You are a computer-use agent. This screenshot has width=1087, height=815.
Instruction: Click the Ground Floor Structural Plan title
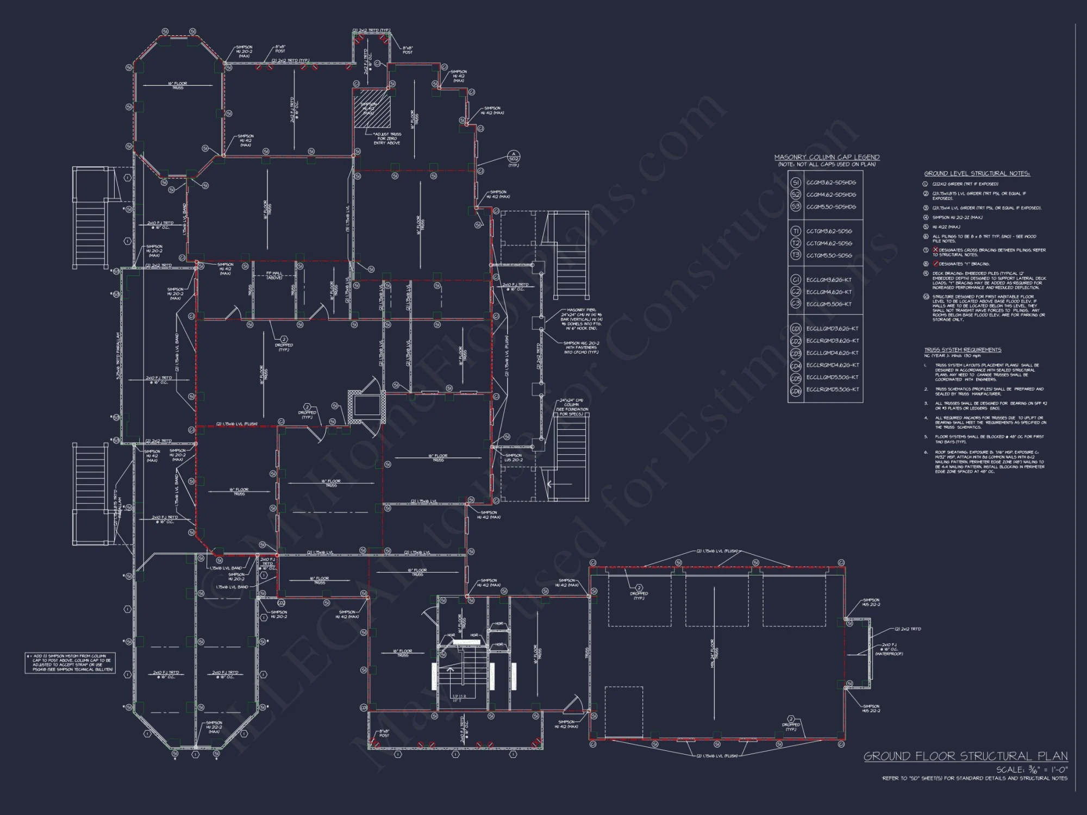pos(965,756)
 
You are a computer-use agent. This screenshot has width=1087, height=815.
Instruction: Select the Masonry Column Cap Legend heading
pos(827,158)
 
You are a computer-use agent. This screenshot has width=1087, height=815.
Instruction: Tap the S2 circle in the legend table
pos(796,195)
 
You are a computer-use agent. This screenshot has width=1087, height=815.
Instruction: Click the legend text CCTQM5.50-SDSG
pos(829,255)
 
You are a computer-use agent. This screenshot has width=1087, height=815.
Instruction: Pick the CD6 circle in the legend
pos(796,390)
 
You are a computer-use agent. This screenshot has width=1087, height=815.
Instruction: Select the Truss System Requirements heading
pos(963,350)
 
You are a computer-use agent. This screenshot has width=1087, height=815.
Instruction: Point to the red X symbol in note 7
pos(935,250)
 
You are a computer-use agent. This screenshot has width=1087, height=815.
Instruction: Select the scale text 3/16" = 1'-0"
pos(1032,770)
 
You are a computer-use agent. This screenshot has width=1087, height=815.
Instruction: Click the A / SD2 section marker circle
pos(513,158)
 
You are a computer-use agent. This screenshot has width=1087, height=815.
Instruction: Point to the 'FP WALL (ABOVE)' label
pos(274,275)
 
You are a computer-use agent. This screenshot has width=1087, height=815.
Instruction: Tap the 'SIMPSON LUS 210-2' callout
pos(514,457)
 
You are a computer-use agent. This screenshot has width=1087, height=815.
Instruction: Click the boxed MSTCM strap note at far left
pos(70,663)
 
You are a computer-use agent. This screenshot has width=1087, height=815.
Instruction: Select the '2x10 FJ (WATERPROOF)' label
pos(889,649)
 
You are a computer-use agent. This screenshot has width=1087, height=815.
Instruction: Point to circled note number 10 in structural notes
pos(926,297)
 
